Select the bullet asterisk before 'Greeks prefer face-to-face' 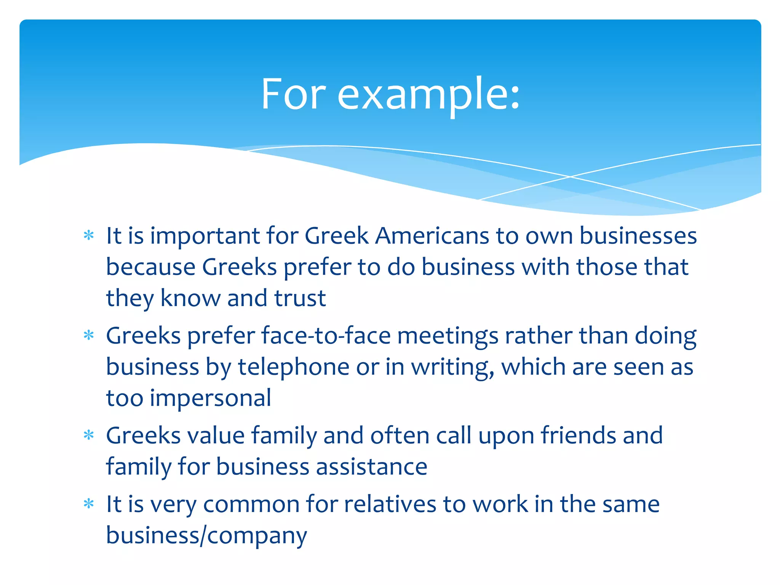89,335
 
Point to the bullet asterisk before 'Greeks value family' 89,435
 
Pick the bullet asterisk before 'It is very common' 89,504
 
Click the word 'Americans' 432,236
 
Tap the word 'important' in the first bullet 205,236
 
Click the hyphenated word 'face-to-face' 326,336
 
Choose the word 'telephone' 293,367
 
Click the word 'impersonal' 210,398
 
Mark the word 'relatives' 390,504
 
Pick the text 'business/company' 206,535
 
